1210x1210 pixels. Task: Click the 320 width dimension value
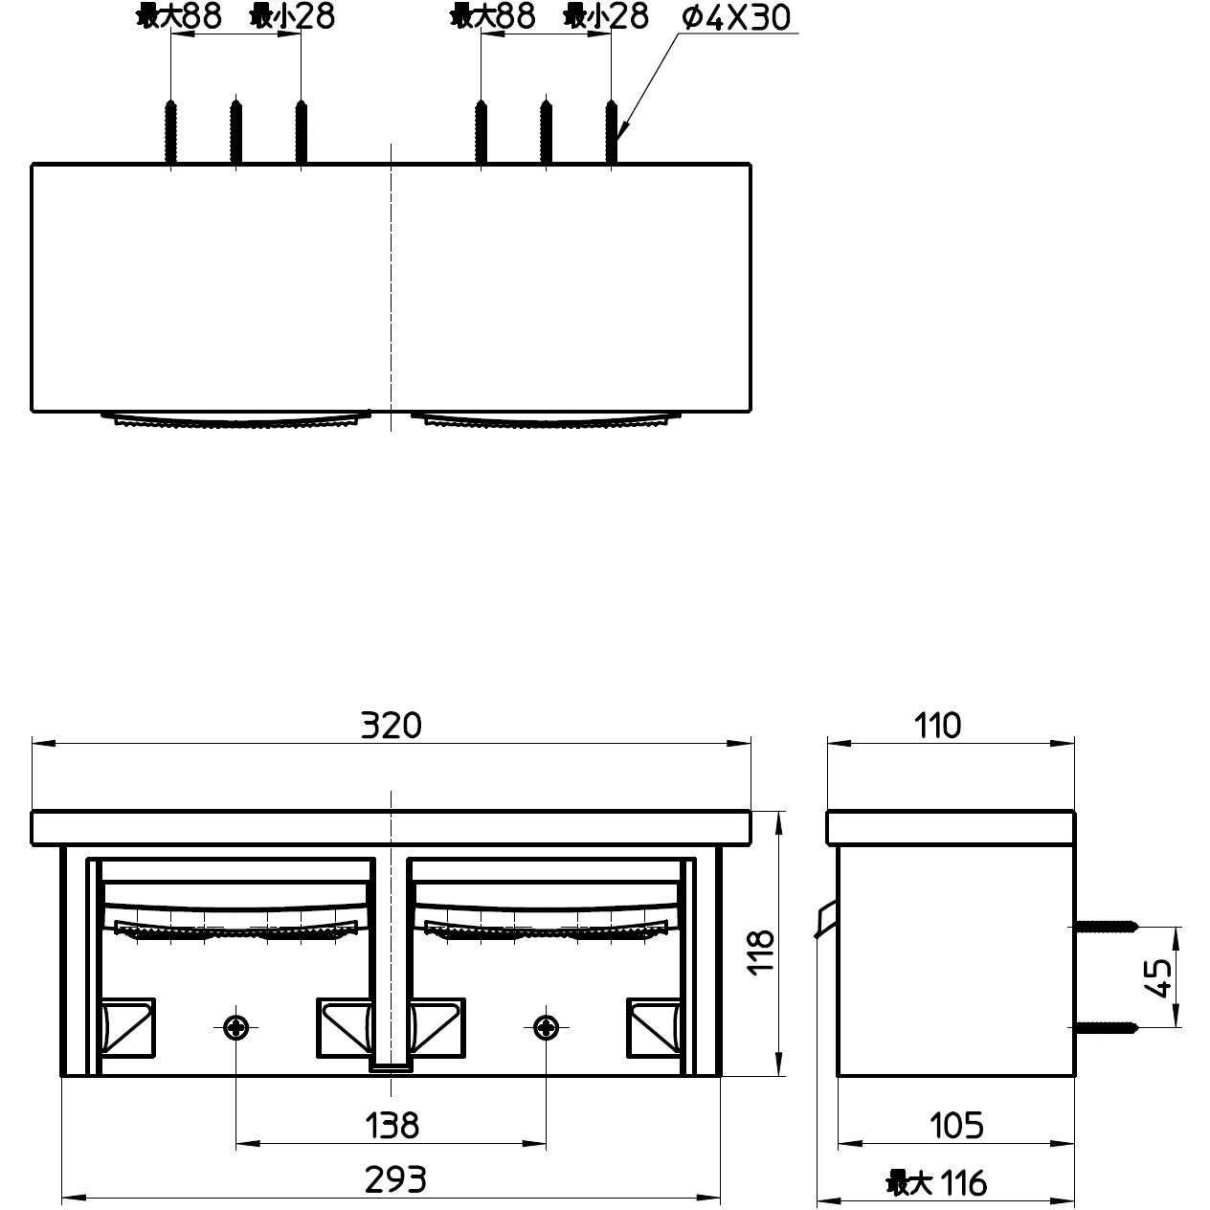point(391,726)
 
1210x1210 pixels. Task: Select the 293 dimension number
point(395,1180)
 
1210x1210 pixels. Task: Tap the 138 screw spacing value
point(392,1125)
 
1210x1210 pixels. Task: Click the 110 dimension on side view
point(937,726)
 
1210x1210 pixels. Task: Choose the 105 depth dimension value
point(955,1125)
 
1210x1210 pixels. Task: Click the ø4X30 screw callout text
point(735,17)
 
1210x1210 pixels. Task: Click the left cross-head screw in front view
point(236,1028)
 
